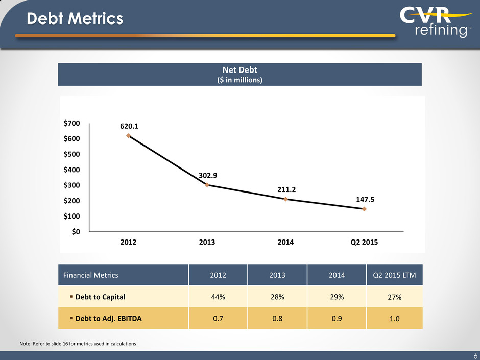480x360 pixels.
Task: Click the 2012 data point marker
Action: coord(128,136)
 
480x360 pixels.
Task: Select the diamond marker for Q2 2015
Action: coord(364,209)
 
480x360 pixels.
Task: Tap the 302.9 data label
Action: coord(208,176)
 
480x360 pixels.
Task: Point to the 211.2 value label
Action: coord(286,190)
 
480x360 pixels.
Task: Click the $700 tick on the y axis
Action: coord(71,123)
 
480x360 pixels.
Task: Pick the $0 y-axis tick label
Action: coord(76,232)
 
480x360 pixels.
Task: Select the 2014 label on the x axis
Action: coord(285,242)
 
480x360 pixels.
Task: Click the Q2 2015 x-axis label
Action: coord(364,242)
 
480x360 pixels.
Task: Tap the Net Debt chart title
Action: coord(240,70)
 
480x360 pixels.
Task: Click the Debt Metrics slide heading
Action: coord(75,18)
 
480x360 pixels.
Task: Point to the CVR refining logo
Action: coord(436,21)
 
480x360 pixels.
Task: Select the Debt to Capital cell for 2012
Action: coord(218,297)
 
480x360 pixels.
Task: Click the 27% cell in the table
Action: coord(395,297)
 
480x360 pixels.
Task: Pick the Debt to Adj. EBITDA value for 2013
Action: coord(277,319)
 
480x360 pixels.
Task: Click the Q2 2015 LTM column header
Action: coord(394,275)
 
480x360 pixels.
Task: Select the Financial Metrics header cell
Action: coord(90,275)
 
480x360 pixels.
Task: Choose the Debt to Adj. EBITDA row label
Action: coord(109,319)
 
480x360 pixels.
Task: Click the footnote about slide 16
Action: coord(78,344)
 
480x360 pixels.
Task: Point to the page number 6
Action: coord(475,356)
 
